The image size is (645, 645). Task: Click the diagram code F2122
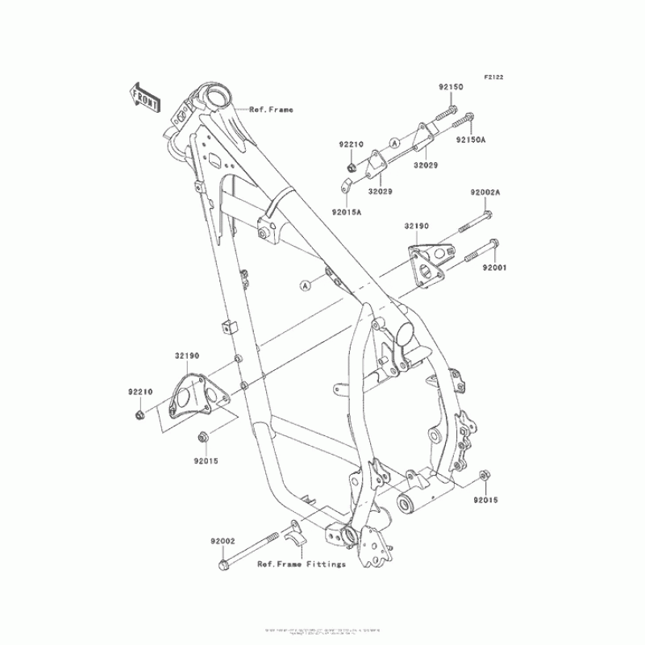[493, 77]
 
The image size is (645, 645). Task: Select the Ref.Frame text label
[271, 110]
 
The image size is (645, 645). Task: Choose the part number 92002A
[486, 193]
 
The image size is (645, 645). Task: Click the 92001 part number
[494, 266]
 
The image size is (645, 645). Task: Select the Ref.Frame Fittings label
[302, 564]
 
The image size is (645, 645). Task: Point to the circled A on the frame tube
[306, 285]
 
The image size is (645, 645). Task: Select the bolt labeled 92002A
[474, 219]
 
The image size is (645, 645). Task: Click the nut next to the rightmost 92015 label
[483, 475]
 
